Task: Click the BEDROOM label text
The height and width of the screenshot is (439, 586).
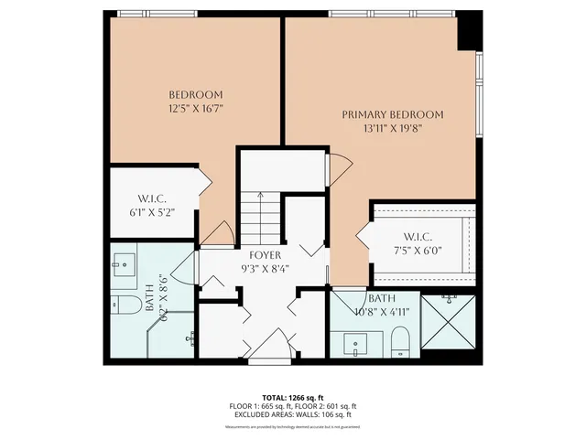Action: pos(196,94)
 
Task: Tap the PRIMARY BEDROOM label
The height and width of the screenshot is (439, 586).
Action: pos(393,114)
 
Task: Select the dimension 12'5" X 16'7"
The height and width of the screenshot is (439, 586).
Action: pos(196,108)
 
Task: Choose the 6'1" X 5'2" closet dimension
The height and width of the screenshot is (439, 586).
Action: pos(150,212)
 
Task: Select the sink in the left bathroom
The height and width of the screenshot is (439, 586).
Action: pos(124,266)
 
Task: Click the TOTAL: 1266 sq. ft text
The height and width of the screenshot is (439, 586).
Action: pos(292,398)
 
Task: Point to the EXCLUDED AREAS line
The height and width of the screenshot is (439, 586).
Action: pos(292,413)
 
